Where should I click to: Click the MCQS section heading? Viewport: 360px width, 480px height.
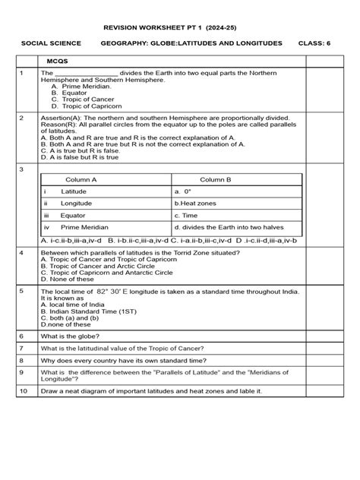click(58, 59)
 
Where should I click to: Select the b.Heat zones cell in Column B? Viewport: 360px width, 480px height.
click(196, 204)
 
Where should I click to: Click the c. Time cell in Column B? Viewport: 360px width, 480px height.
click(187, 215)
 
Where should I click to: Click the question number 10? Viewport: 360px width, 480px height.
click(24, 390)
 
